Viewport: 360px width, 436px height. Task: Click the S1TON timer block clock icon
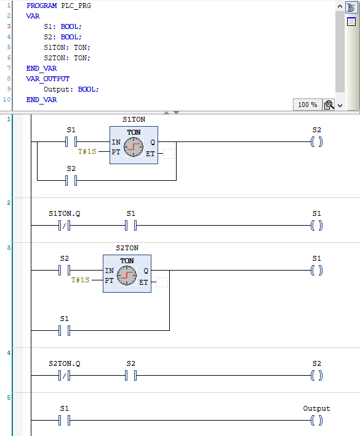133,148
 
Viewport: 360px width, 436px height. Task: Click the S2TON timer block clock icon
127,275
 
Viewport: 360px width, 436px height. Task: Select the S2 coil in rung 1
316,141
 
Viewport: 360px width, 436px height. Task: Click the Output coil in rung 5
316,421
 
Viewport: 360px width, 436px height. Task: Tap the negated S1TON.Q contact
65,226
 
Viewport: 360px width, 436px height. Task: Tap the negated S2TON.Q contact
65,376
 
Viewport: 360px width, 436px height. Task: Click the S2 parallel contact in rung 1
71,180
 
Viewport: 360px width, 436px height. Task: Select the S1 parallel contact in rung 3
65,330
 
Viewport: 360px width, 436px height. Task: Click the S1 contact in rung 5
65,421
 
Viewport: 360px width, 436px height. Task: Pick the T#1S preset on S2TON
81,280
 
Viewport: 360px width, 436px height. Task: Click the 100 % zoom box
307,105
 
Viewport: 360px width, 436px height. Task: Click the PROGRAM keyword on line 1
41,6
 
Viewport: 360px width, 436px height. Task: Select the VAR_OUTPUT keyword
48,79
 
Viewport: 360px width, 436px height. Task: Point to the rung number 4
9,353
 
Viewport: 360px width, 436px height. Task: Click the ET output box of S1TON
169,154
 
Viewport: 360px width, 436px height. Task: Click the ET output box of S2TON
162,282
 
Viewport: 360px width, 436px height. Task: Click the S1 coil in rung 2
316,226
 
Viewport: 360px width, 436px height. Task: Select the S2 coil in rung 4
316,376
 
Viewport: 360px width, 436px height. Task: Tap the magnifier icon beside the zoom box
329,105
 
